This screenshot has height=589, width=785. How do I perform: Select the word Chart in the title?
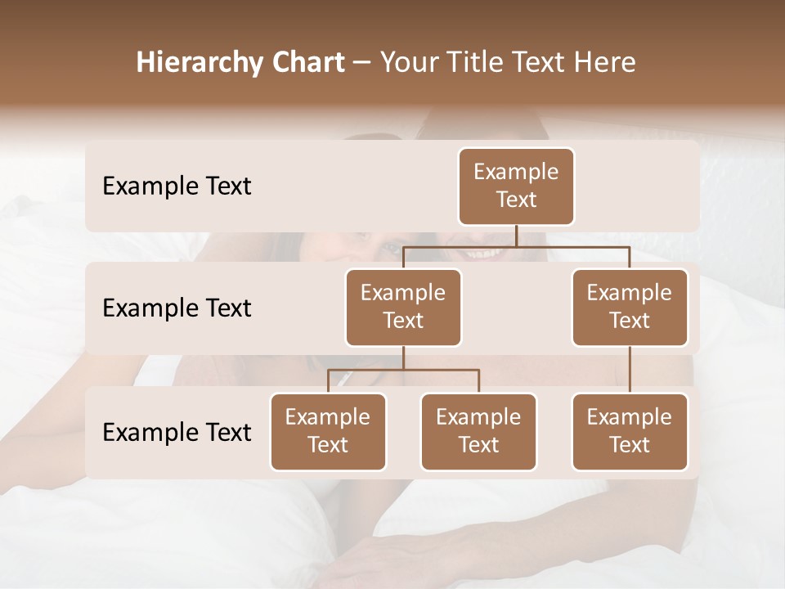coord(303,62)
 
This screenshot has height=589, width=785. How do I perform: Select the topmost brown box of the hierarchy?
coord(516,187)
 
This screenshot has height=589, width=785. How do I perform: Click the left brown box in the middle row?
coord(403,308)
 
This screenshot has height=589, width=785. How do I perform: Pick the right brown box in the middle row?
coord(630,308)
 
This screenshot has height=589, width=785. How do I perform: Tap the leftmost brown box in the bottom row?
coord(328,432)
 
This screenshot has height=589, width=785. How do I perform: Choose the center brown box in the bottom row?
coord(478,432)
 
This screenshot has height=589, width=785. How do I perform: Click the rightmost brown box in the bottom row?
coord(630,432)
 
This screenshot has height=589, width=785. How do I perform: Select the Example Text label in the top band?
coord(177,187)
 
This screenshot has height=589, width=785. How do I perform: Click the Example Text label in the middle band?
coord(177,308)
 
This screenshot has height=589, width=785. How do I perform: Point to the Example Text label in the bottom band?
coord(177,432)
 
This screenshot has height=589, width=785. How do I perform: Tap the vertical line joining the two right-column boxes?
coord(630,370)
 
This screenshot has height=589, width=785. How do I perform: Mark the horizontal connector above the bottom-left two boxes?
coord(403,370)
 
